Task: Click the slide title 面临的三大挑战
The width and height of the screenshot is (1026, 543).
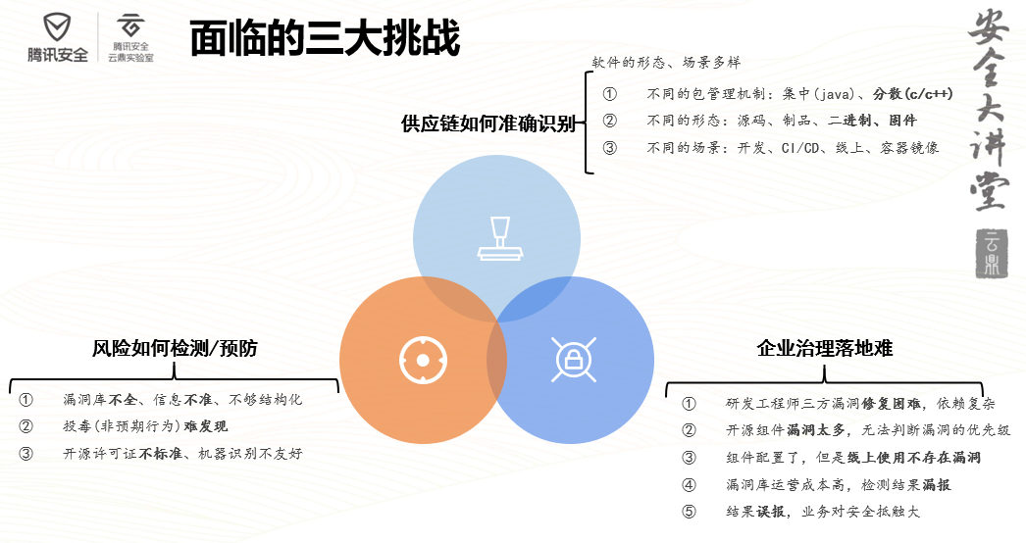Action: point(326,38)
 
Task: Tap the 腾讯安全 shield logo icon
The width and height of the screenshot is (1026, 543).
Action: point(57,28)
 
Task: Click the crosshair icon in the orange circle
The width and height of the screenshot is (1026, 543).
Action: point(423,360)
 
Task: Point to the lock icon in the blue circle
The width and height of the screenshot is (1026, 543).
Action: point(573,359)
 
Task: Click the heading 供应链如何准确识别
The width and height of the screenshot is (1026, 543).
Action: point(488,123)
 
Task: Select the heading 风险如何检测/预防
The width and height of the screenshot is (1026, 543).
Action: point(175,348)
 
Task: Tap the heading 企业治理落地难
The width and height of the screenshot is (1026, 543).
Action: point(825,348)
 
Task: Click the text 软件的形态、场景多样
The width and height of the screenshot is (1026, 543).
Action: point(666,63)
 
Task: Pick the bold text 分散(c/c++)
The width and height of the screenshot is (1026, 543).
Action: point(913,94)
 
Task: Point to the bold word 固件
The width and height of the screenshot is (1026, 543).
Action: point(903,121)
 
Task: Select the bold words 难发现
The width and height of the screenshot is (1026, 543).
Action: point(205,426)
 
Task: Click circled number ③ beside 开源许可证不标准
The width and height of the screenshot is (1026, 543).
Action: point(26,454)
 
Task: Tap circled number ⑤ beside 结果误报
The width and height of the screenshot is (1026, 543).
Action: point(689,512)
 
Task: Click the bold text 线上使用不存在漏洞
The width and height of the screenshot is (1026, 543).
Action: point(914,458)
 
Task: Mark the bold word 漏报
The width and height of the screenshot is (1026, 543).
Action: point(937,485)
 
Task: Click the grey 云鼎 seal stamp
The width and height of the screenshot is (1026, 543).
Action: point(992,254)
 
